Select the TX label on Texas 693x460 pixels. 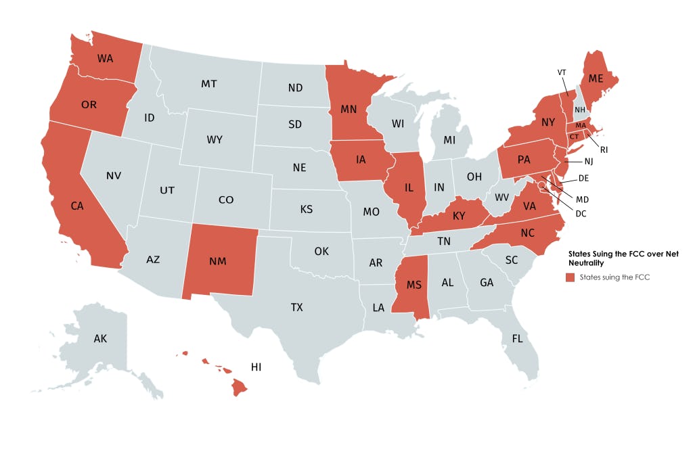pos(296,307)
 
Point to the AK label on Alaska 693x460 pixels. pos(100,338)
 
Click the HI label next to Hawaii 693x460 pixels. pos(256,367)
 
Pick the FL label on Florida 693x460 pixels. pos(517,338)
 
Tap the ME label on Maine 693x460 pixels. pos(596,78)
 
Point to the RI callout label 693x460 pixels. pos(604,149)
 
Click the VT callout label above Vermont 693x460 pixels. pos(561,72)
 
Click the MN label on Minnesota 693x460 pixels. pos(349,108)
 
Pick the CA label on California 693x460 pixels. pos(76,206)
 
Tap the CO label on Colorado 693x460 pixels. pos(226,200)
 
